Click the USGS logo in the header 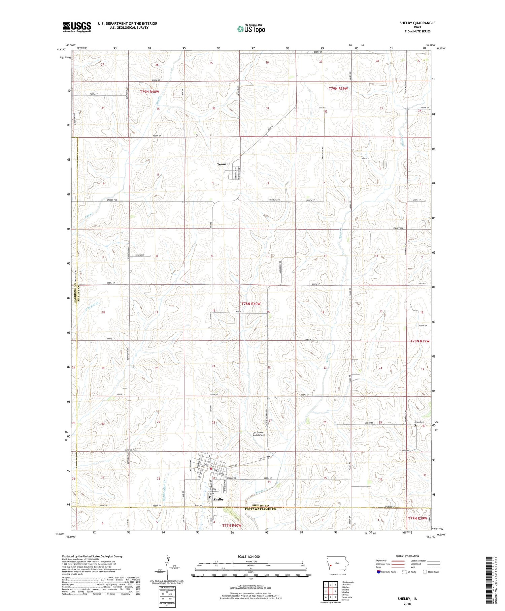coord(77,27)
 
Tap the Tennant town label coord(223,164)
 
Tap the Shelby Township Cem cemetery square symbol coord(210,497)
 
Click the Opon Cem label coord(419,422)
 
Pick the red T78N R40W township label coord(251,304)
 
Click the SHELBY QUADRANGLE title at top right coord(417,23)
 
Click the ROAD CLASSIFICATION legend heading coord(407,556)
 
